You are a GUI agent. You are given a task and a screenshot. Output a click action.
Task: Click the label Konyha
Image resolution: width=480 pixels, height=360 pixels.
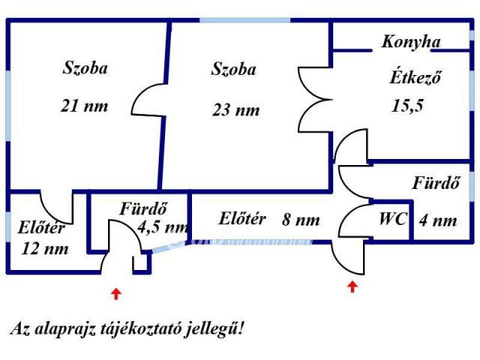point(410,42)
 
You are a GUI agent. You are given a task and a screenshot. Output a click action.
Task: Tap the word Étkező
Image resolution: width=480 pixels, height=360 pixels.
point(414,76)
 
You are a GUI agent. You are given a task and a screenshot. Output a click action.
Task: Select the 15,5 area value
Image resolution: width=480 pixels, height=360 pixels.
point(408,105)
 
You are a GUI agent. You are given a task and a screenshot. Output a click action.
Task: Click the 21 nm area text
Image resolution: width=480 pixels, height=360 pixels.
point(84,106)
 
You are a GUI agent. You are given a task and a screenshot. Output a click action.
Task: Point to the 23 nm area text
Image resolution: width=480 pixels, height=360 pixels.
point(235,110)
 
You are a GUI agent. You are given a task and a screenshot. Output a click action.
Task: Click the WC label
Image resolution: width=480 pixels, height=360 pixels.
point(392,220)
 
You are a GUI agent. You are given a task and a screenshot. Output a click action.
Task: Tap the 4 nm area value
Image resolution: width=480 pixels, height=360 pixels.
point(437,220)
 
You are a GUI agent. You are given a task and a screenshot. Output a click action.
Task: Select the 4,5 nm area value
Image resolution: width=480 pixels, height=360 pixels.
point(163,226)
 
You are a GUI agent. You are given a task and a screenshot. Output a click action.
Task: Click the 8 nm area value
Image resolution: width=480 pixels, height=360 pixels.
point(301,220)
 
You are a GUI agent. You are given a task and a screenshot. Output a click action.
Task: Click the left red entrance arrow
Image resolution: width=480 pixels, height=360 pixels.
point(115,293)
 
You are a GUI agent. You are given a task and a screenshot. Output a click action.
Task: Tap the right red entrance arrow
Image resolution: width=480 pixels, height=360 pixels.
point(352,286)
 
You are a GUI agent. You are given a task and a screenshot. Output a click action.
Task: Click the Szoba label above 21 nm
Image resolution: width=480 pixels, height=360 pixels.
point(85,68)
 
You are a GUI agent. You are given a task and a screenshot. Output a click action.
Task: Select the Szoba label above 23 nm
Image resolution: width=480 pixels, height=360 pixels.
point(234,70)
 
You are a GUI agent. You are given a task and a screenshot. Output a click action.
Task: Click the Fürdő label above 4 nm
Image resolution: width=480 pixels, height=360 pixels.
point(435,182)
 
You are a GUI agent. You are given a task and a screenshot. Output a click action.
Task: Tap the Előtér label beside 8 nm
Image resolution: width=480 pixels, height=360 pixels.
point(242,219)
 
